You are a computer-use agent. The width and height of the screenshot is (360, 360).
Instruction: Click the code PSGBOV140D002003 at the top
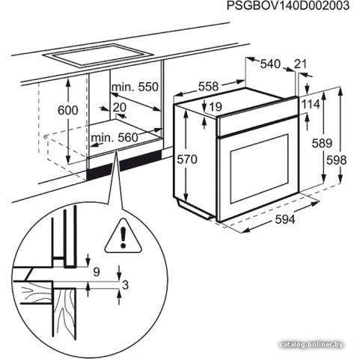pyautogui.click(x=288, y=5)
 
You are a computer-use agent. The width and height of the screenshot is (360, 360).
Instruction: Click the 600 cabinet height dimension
pyautogui.click(x=68, y=110)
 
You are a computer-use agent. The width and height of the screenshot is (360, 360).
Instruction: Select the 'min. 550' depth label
pyautogui.click(x=135, y=87)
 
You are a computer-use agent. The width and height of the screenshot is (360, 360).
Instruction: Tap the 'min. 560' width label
pyautogui.click(x=115, y=138)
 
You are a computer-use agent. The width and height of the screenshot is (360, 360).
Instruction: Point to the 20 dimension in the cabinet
pyautogui.click(x=120, y=107)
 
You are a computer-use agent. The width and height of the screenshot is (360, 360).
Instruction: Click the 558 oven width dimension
pyautogui.click(x=209, y=86)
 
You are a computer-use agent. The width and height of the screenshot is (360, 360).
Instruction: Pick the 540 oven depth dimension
pyautogui.click(x=270, y=64)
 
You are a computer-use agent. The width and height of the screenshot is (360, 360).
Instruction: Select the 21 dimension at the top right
pyautogui.click(x=300, y=64)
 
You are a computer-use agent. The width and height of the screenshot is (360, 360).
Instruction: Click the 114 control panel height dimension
pyautogui.click(x=311, y=104)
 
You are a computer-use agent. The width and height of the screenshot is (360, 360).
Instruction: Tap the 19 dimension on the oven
pyautogui.click(x=216, y=107)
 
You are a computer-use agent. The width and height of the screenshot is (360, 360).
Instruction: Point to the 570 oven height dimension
pyautogui.click(x=187, y=159)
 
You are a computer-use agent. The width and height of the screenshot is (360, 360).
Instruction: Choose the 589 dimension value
pyautogui.click(x=322, y=143)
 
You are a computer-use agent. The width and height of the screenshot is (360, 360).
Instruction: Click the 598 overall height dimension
pyautogui.click(x=337, y=160)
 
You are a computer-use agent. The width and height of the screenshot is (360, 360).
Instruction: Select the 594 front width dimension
pyautogui.click(x=285, y=219)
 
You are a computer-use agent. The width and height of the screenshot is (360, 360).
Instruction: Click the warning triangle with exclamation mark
pyautogui.click(x=123, y=237)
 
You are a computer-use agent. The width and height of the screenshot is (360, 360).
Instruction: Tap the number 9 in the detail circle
pyautogui.click(x=97, y=272)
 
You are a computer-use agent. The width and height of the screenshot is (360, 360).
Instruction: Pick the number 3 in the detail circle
pyautogui.click(x=125, y=285)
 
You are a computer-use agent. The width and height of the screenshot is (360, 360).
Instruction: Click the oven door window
pyautogui.click(x=260, y=168)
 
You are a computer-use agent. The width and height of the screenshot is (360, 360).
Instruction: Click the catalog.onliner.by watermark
pyautogui.click(x=311, y=345)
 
